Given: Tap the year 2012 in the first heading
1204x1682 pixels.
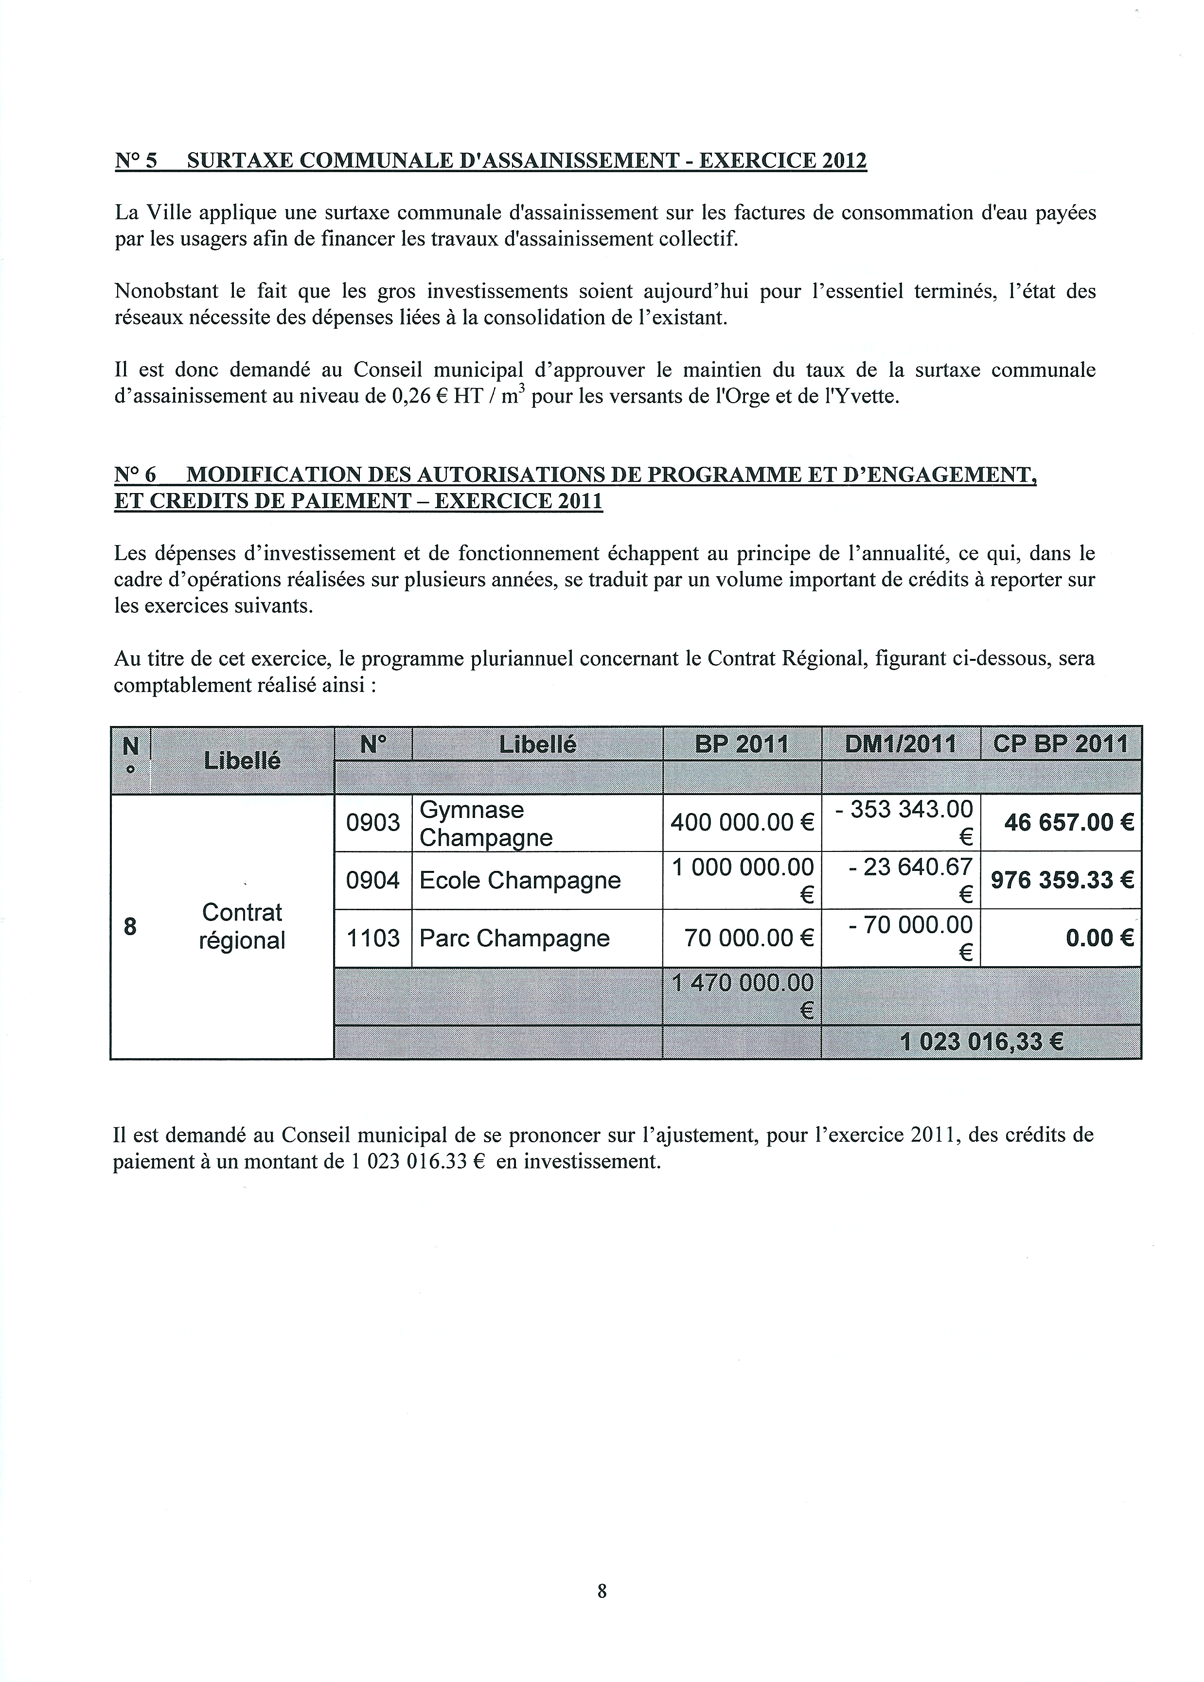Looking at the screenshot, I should point(844,161).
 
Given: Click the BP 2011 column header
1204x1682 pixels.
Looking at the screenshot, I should point(742,744).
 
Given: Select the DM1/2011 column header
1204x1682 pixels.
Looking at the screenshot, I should point(901,744).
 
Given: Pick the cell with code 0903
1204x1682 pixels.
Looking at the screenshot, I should point(373,823).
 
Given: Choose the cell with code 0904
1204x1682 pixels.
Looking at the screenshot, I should point(373,881).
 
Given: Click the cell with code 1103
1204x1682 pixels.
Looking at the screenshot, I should point(373,938).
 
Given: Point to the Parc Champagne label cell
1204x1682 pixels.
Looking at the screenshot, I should point(514,938).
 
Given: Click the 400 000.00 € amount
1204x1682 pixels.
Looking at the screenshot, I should point(742,823).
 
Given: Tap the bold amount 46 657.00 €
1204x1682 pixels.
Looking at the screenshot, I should point(1068,823).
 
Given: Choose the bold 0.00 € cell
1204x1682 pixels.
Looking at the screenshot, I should point(1099,938).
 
